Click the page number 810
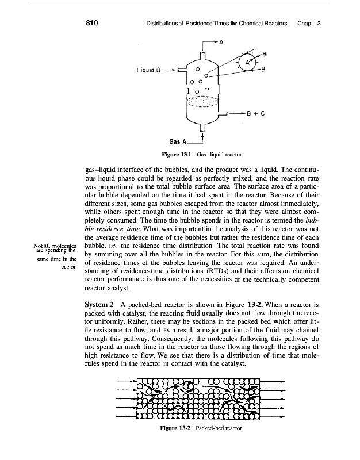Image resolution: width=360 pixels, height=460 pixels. pos(94,24)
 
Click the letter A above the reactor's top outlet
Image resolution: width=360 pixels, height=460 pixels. pos(221,41)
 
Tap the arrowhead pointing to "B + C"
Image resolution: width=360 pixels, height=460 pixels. pos(244,114)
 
